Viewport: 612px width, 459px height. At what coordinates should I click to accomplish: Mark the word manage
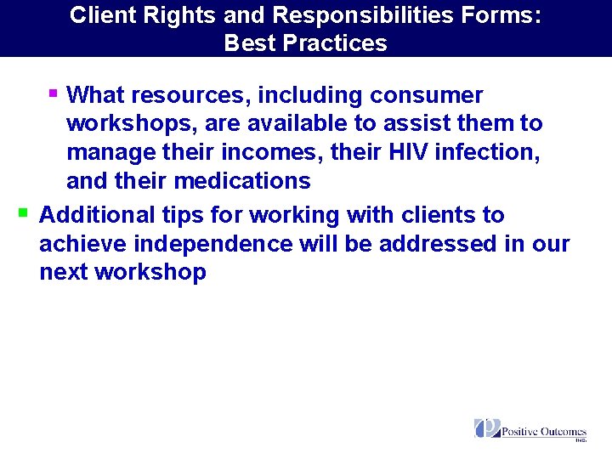click(110, 153)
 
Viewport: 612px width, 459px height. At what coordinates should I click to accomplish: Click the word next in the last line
click(64, 273)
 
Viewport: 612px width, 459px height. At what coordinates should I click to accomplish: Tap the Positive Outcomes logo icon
click(487, 428)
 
